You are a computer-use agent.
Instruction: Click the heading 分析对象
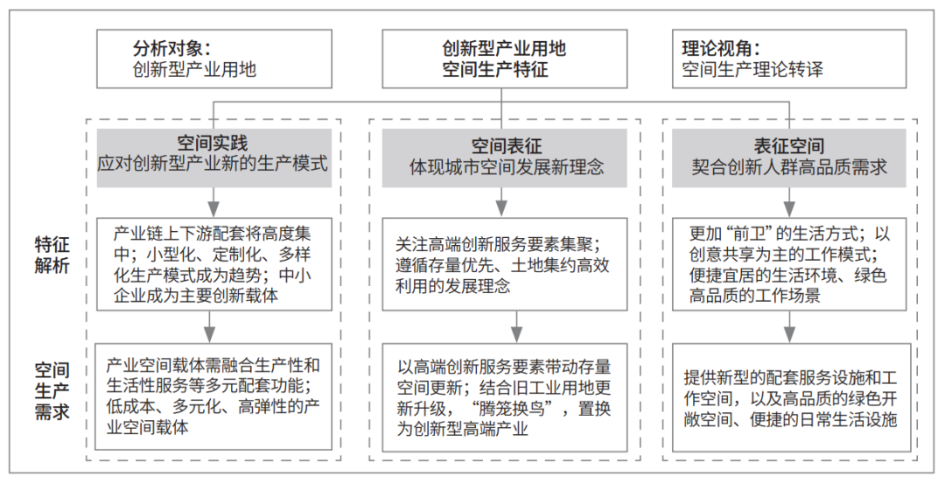pos(171,48)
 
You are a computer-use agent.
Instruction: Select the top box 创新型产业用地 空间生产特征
pos(504,59)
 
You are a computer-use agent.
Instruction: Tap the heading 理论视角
pos(721,48)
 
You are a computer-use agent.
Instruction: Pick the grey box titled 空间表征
pos(505,158)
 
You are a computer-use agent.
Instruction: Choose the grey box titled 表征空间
pos(789,158)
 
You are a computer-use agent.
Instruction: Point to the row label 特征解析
pos(52,255)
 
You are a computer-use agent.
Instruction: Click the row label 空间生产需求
pos(52,391)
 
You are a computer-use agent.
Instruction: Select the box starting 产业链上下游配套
pos(214,264)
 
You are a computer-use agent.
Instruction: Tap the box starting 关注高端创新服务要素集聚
pos(505,264)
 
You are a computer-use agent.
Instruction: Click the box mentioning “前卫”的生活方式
pos(789,264)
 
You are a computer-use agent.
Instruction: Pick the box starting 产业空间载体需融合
pos(214,396)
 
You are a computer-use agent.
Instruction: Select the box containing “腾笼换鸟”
pos(505,397)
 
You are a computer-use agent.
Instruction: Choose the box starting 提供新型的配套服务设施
pos(791,397)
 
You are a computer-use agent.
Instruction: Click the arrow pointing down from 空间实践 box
pos(213,202)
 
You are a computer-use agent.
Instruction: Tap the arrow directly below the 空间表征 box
pos(501,202)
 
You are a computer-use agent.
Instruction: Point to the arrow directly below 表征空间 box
pos(789,202)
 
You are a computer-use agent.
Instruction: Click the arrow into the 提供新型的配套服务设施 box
pos(789,327)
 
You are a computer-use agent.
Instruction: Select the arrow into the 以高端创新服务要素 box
pos(516,327)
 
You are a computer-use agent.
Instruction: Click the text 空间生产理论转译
pos(752,69)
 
